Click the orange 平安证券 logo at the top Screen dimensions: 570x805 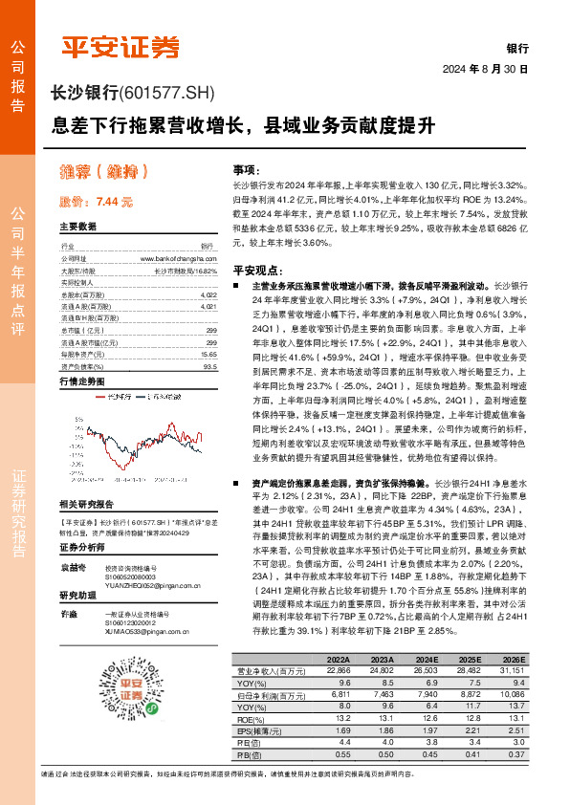click(121, 45)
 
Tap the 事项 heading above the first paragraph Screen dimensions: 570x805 click(246, 166)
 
